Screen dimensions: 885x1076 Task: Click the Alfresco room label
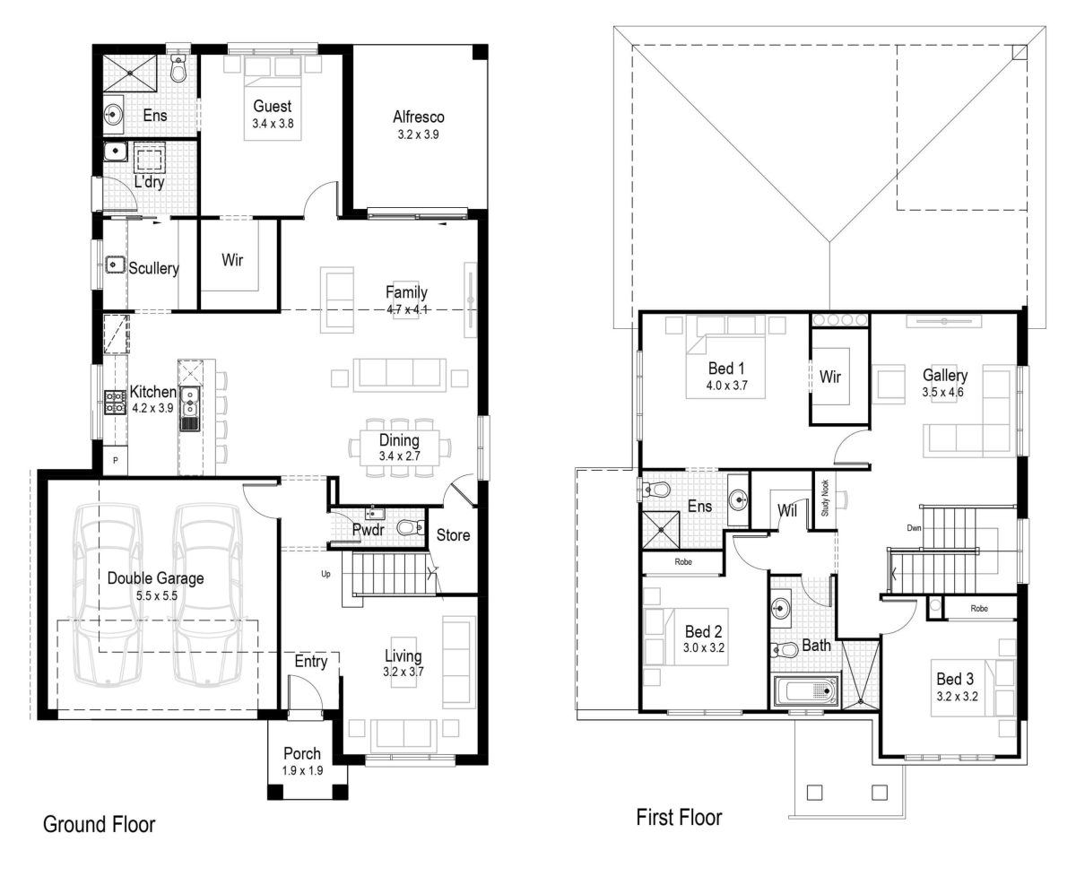(x=418, y=117)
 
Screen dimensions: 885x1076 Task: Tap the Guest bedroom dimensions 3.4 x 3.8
(x=273, y=123)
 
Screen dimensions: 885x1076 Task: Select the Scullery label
(x=153, y=268)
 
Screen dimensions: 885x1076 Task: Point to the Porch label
(x=302, y=753)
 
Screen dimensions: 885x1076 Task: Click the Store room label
(x=453, y=535)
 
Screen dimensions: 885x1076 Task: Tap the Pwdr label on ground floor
(x=368, y=531)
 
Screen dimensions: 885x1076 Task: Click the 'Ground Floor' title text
(x=100, y=824)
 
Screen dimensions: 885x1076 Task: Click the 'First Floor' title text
(x=679, y=817)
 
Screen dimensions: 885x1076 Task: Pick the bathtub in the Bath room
(x=805, y=691)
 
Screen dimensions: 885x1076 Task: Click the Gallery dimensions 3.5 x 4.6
(x=943, y=392)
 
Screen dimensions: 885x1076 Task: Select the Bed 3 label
(x=955, y=679)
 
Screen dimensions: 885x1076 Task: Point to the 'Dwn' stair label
(x=914, y=528)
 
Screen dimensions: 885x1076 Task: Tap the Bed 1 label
(x=726, y=368)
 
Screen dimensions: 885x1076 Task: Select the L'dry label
(x=149, y=182)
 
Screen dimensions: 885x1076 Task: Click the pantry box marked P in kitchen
(x=115, y=461)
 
